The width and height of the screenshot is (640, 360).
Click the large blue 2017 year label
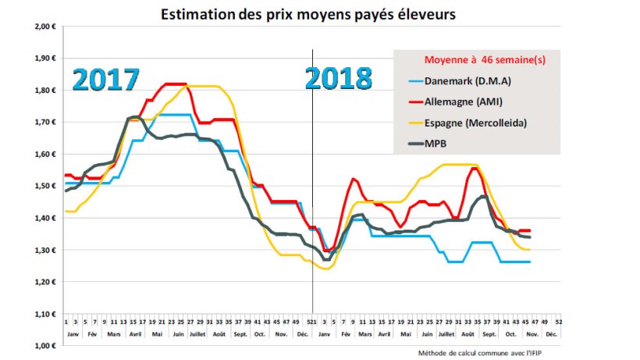pos(106,80)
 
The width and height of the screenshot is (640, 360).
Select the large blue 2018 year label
pos(338,79)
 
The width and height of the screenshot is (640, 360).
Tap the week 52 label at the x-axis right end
pos(559,321)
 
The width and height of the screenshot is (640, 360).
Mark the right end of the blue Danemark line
pos(530,262)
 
